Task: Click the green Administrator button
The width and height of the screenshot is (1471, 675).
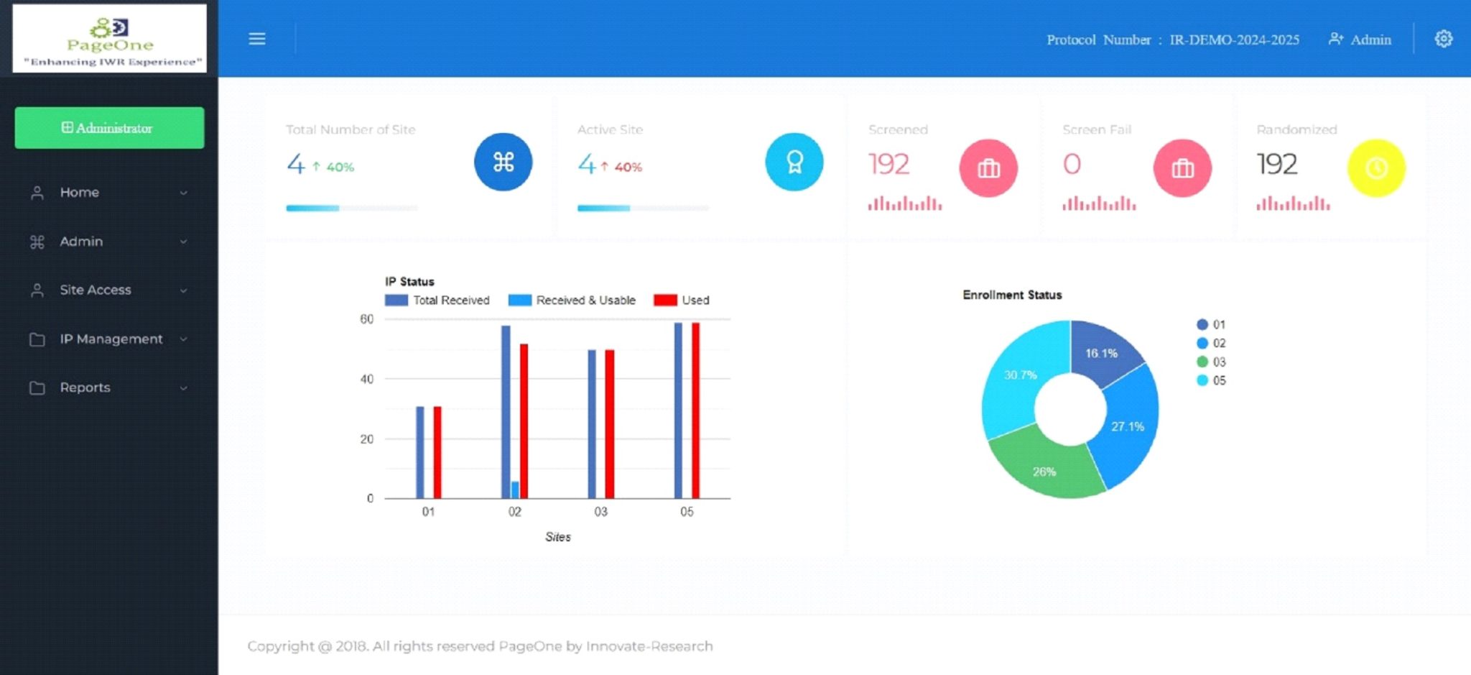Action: (109, 128)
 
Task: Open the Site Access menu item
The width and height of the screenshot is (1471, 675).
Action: (96, 290)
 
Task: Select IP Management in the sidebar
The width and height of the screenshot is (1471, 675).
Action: (111, 339)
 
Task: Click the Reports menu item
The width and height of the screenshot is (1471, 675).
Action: (85, 387)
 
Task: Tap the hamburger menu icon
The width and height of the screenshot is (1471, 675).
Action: (257, 39)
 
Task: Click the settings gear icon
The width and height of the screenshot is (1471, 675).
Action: (1443, 39)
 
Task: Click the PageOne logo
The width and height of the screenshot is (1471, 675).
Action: (110, 38)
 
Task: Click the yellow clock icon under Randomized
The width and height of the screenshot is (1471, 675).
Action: (1375, 168)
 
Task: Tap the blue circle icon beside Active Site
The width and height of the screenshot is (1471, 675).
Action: (794, 162)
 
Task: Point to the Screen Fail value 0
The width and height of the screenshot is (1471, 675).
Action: (1072, 164)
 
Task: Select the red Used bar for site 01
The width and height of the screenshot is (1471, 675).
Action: (437, 452)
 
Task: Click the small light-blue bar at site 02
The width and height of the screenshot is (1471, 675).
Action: (515, 490)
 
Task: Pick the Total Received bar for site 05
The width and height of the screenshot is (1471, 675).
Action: (678, 410)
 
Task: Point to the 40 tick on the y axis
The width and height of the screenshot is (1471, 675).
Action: (366, 379)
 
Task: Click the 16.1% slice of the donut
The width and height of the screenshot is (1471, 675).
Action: (1102, 352)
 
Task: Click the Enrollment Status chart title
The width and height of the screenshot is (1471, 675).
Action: (1012, 295)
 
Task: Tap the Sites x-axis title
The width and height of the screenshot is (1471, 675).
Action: (557, 537)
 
